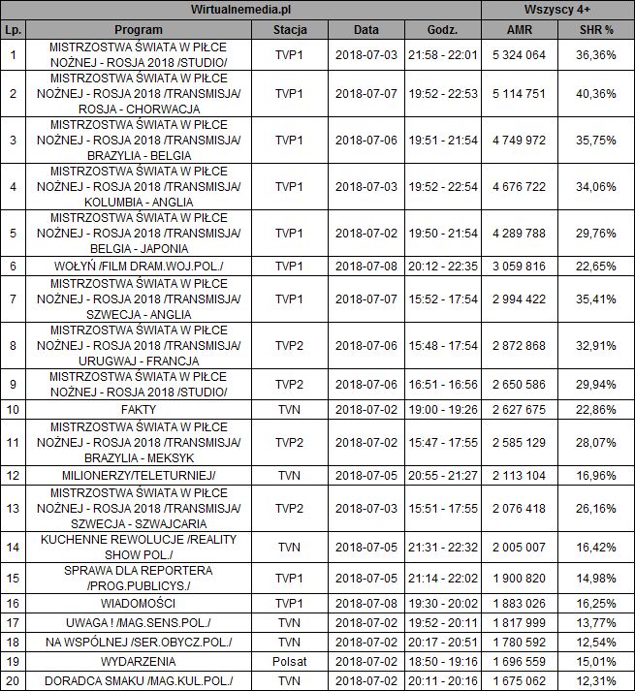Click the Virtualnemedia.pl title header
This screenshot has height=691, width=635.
(x=242, y=10)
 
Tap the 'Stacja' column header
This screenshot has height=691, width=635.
(x=290, y=30)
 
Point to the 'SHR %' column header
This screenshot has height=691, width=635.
(x=596, y=30)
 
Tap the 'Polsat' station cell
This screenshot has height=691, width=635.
(x=290, y=661)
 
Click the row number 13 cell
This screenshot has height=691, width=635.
(x=13, y=508)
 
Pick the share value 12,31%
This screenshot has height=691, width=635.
(x=596, y=681)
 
